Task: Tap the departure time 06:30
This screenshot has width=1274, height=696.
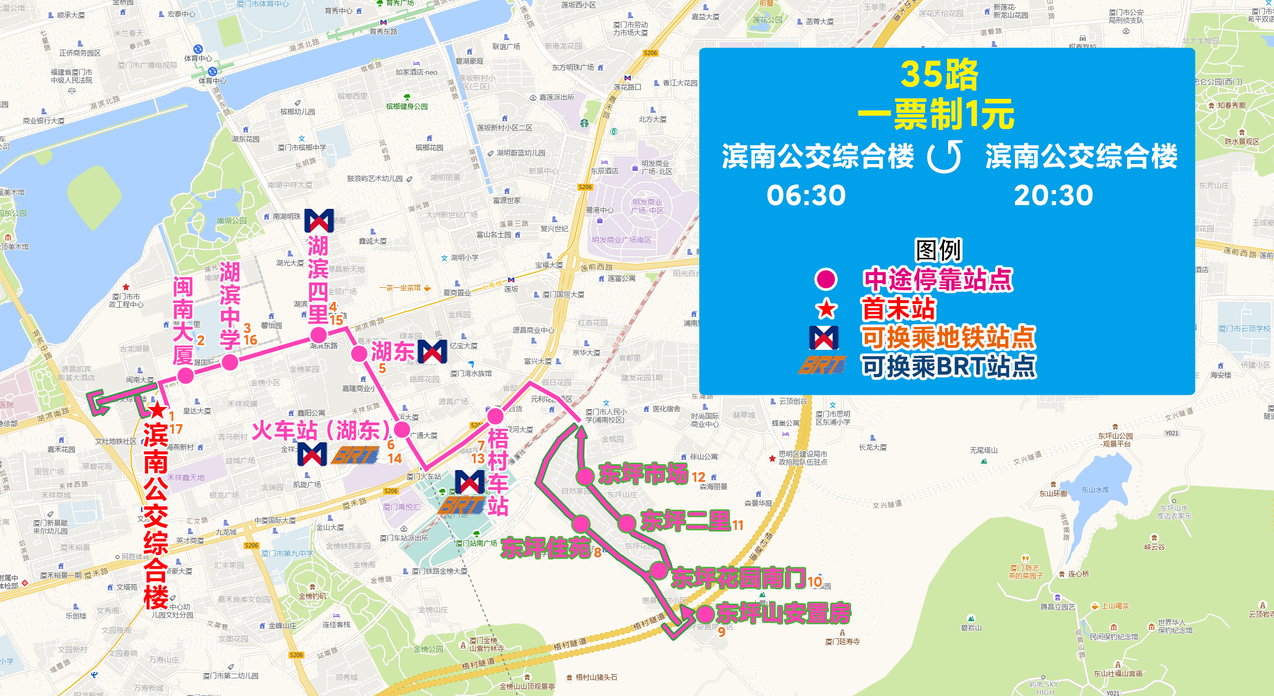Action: pos(806,195)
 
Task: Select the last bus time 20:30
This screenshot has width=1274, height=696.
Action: pos(1053,195)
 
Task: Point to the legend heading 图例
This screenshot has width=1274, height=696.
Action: pos(939,249)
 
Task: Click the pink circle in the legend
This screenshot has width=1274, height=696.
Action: pos(826,279)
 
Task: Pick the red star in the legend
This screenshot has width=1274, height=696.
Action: pos(826,309)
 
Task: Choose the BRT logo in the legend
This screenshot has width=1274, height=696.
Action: pos(823,365)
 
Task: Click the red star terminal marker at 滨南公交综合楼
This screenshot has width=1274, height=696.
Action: pos(157,410)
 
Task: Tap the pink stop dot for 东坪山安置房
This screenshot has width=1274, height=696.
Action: pos(706,614)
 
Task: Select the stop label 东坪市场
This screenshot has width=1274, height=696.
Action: pos(643,474)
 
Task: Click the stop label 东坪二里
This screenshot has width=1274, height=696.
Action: pos(685,521)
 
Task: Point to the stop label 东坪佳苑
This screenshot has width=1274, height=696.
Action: pos(545,549)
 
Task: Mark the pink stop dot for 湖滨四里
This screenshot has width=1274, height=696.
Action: pos(318,335)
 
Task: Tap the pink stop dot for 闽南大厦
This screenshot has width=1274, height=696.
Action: pos(185,376)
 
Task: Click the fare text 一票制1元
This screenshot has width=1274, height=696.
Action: pos(936,114)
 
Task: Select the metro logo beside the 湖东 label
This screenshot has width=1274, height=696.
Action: pos(432,351)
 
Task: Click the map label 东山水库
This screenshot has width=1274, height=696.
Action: pos(1095,490)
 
